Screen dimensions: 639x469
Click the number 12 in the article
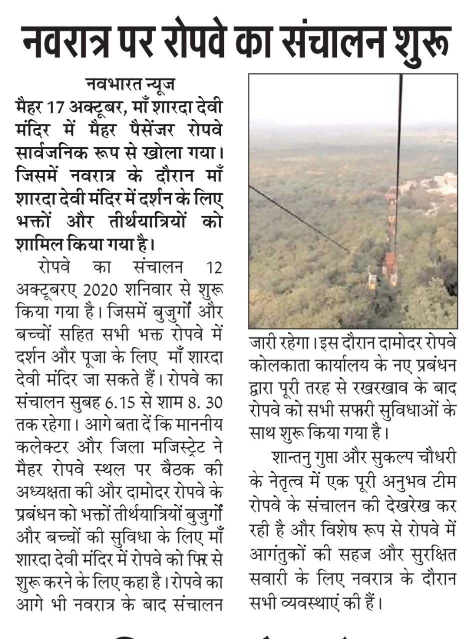213,268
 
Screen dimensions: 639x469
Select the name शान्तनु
293,457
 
